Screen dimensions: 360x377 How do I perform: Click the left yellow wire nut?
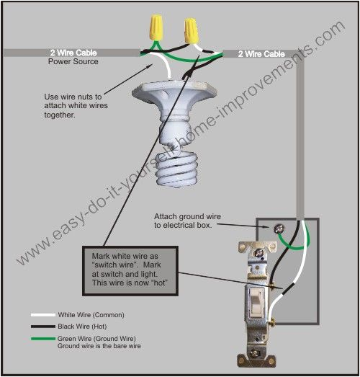point(156,27)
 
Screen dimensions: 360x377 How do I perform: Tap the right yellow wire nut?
point(192,30)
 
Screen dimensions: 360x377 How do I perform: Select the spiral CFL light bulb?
point(176,168)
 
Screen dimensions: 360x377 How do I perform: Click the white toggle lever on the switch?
point(256,303)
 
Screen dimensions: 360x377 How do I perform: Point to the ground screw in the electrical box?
point(279,229)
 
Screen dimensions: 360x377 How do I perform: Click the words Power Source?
point(73,61)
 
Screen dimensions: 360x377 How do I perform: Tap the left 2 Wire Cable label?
point(73,53)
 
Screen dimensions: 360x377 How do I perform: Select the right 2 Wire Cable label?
point(261,54)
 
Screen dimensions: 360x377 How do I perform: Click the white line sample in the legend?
point(43,315)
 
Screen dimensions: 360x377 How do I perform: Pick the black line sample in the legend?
point(43,327)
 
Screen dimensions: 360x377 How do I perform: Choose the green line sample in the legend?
point(43,339)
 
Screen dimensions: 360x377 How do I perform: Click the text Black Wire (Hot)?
point(82,327)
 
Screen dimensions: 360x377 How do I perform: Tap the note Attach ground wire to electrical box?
point(187,221)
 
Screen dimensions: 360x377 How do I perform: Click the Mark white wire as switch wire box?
point(130,271)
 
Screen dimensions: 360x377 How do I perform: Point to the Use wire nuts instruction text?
point(76,105)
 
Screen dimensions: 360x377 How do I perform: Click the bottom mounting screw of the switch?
point(255,354)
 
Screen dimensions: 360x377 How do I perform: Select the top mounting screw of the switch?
point(258,253)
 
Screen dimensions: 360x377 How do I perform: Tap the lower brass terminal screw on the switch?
point(273,321)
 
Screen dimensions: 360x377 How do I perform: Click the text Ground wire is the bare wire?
point(99,346)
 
